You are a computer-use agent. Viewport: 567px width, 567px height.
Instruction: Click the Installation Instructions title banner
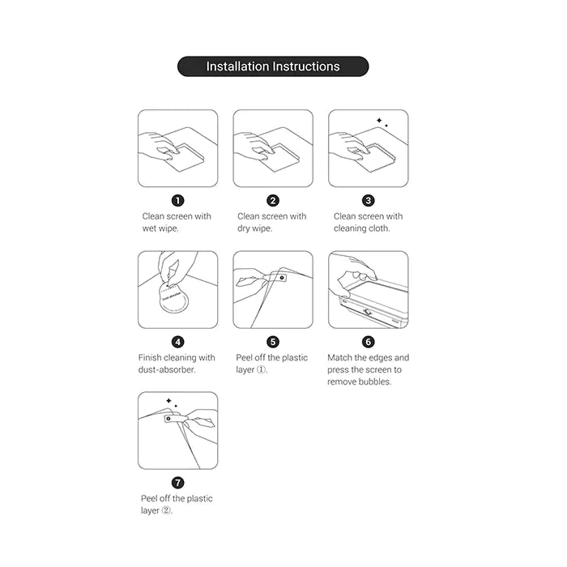[x=273, y=66]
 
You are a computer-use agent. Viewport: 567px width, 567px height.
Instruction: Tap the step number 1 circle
[x=178, y=200]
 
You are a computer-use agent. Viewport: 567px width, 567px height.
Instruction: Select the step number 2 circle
[x=273, y=200]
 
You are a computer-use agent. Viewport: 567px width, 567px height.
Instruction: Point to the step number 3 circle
[x=369, y=200]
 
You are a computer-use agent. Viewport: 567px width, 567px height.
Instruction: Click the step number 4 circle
[x=178, y=342]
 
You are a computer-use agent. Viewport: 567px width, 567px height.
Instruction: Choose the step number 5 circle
[x=273, y=342]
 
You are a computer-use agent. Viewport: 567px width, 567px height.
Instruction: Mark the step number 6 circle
[x=369, y=342]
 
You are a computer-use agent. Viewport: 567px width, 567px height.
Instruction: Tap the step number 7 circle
[x=178, y=483]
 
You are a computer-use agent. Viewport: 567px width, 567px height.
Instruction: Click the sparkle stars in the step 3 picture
[x=381, y=122]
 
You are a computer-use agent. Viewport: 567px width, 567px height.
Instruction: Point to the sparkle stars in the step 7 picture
[x=171, y=402]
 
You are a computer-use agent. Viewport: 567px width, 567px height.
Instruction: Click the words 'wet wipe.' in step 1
[x=160, y=228]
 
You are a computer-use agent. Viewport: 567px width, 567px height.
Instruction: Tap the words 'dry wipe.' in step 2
[x=255, y=228]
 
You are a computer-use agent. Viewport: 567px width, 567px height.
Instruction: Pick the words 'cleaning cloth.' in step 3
[x=362, y=228]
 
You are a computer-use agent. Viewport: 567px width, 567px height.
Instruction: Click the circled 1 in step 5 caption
[x=262, y=370]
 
